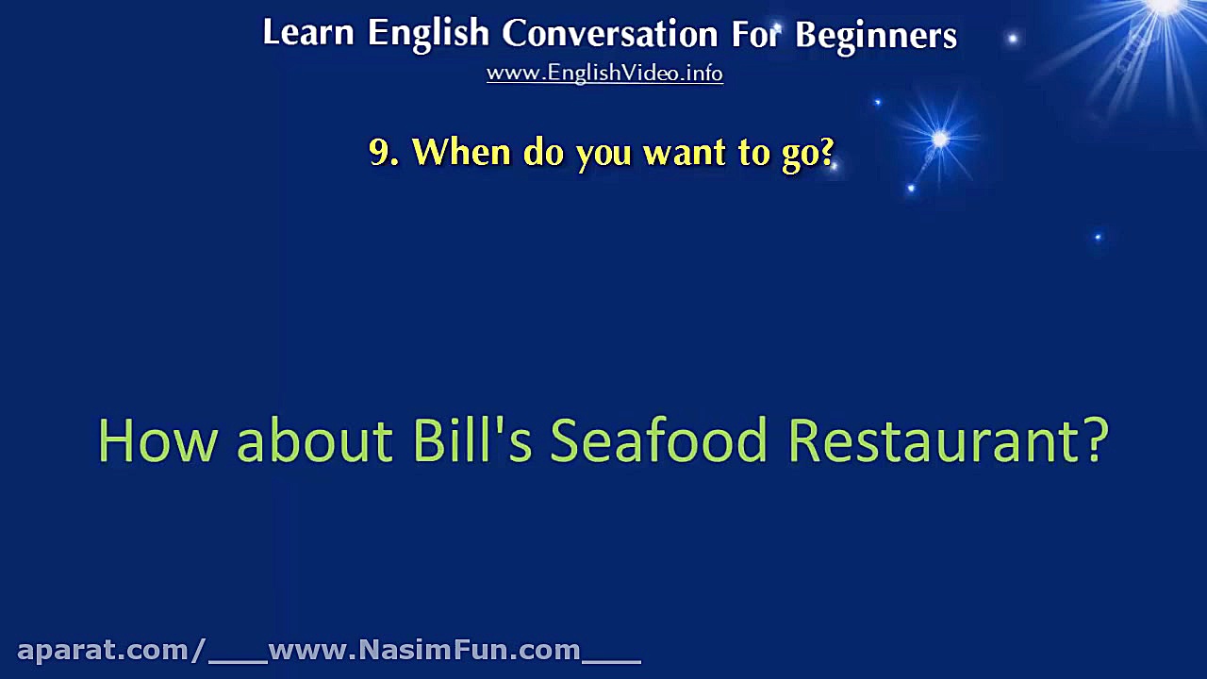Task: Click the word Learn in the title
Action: pyautogui.click(x=308, y=32)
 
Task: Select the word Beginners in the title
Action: pyautogui.click(x=876, y=36)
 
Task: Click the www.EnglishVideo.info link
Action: pyautogui.click(x=604, y=74)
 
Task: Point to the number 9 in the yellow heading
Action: pyautogui.click(x=379, y=152)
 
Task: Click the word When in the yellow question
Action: pyautogui.click(x=461, y=152)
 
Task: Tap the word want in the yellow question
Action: pyautogui.click(x=685, y=153)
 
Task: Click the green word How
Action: pyautogui.click(x=157, y=439)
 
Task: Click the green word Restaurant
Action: pyautogui.click(x=932, y=439)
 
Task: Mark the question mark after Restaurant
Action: pyautogui.click(x=1094, y=439)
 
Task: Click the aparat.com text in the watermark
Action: pyautogui.click(x=104, y=651)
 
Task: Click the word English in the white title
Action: pyautogui.click(x=428, y=35)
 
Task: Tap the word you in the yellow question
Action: pyautogui.click(x=603, y=156)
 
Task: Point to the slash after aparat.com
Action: pyautogui.click(x=198, y=650)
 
